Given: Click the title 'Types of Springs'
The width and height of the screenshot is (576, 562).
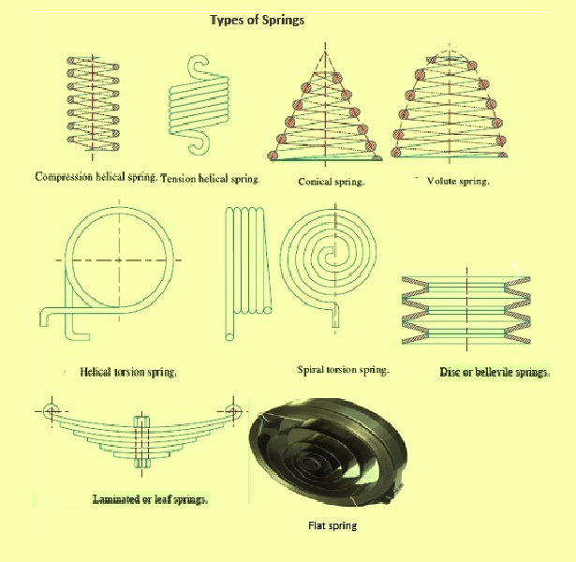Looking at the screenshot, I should pos(255,20).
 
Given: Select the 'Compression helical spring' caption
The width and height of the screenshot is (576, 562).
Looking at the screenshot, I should pos(95,176).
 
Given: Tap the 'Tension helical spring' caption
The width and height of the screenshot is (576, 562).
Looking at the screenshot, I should pos(211,177).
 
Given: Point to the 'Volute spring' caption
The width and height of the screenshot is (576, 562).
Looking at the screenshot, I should pos(457,180).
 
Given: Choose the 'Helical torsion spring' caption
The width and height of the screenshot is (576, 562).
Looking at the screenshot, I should pos(128,372).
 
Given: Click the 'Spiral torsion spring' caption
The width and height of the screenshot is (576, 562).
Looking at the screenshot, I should pos(343,370).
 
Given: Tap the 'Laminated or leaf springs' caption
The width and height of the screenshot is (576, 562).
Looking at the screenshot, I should pos(150,499).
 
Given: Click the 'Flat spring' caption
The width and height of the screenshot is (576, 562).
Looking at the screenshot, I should pos(332,525).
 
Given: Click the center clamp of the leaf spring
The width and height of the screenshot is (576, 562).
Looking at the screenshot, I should pos(142,440).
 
